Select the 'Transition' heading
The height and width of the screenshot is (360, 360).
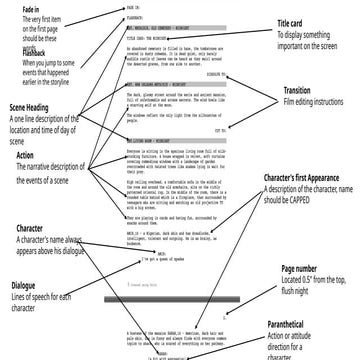304,119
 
